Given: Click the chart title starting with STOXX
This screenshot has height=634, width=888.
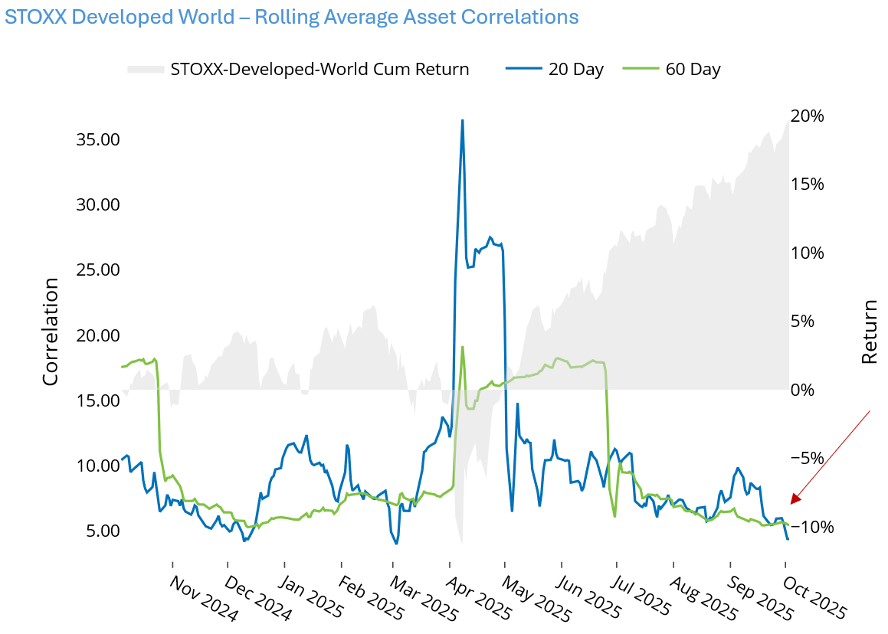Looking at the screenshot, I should click(x=291, y=17).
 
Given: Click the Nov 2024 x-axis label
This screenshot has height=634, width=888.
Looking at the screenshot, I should click(x=200, y=599).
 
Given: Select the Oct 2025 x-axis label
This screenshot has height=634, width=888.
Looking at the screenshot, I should click(x=814, y=599).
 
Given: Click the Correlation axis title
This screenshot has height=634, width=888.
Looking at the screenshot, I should click(x=51, y=332).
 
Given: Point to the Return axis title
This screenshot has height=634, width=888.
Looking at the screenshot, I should click(x=870, y=332).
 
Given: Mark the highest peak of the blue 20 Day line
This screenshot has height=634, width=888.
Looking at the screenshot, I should click(x=462, y=120).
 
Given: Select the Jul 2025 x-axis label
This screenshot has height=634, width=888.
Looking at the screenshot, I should click(x=644, y=599).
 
